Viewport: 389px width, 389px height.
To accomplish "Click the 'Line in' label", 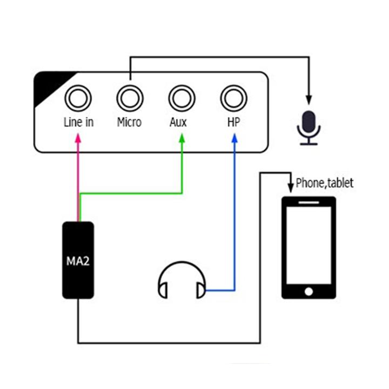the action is [x=79, y=122].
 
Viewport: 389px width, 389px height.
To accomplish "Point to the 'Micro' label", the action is [x=129, y=122].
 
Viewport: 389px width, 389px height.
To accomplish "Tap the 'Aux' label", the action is [x=178, y=122].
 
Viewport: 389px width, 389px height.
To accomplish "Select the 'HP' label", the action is [x=234, y=122].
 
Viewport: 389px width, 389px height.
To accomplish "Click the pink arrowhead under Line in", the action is [x=78, y=138].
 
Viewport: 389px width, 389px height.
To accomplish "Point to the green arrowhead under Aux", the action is [x=182, y=138].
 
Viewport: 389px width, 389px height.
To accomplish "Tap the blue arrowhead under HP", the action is [x=234, y=138].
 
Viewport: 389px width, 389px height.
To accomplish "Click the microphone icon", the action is [x=309, y=128].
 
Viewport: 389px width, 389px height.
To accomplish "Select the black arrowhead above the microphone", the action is [x=309, y=100].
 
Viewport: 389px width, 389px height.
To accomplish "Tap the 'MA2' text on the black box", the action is [x=78, y=261].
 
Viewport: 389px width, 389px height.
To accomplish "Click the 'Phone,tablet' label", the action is [x=325, y=183].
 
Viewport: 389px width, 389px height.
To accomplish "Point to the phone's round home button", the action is [x=308, y=292].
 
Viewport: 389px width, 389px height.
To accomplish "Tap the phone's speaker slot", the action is [x=308, y=203].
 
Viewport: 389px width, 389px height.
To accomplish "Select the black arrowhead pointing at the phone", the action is [x=291, y=188].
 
